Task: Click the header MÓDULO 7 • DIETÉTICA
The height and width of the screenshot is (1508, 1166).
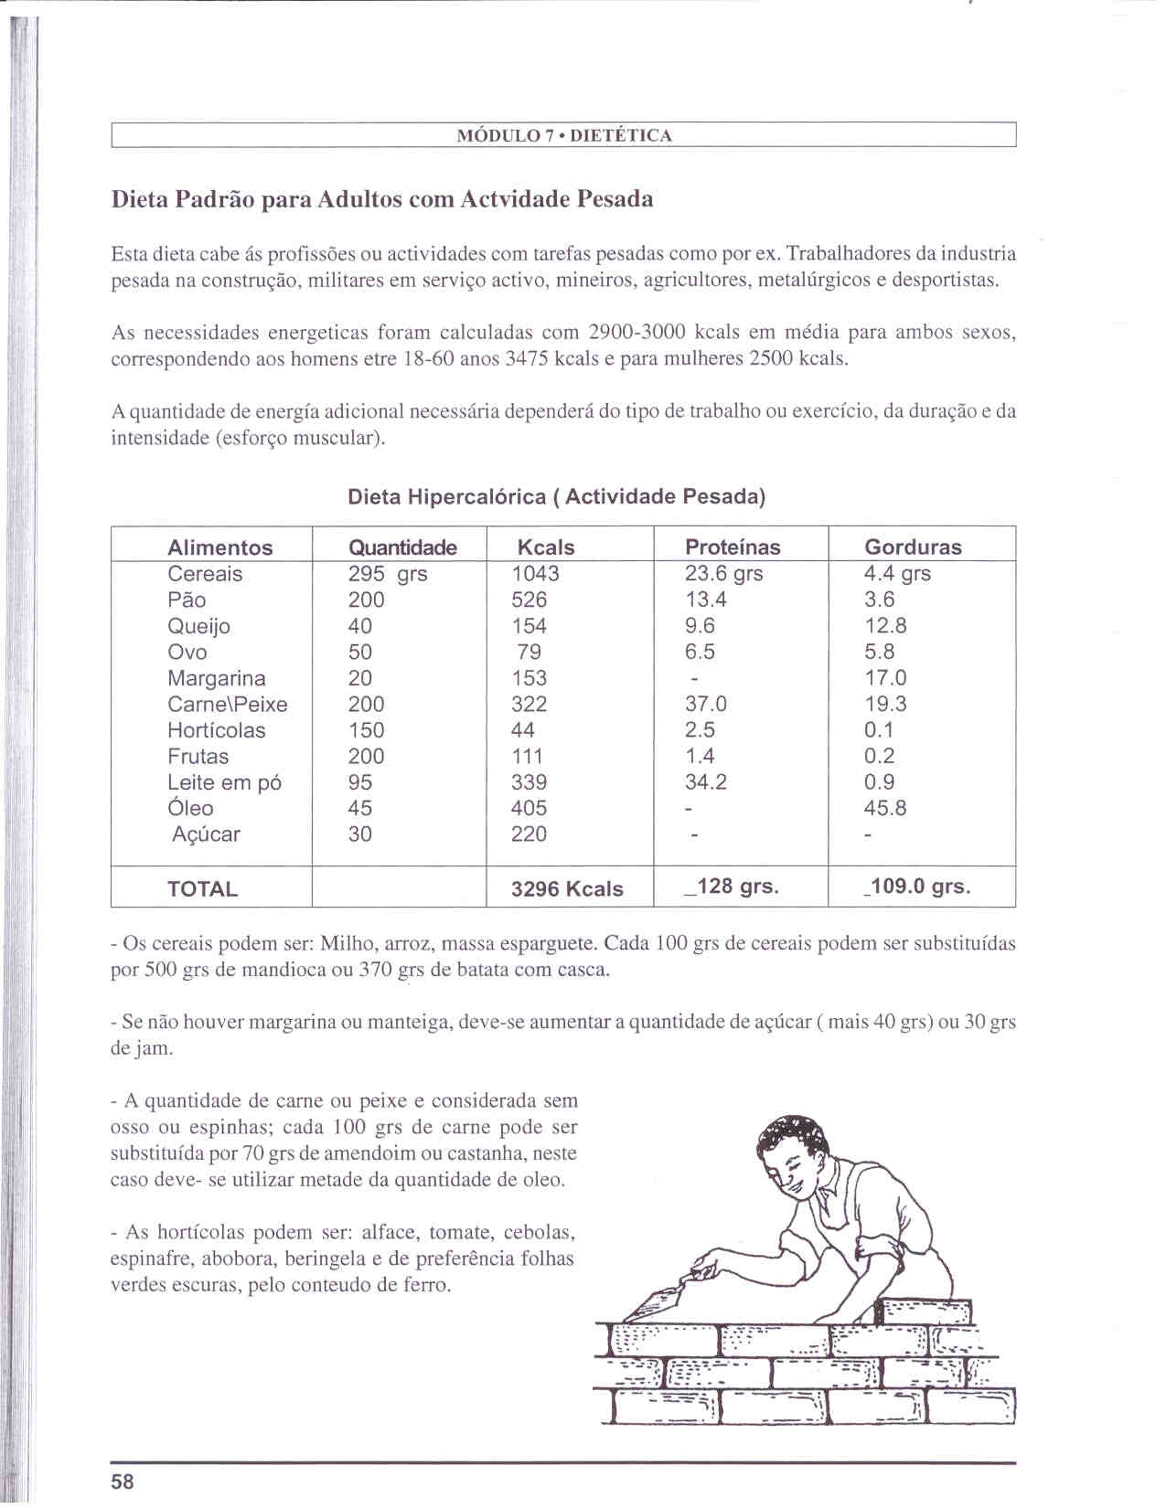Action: (563, 136)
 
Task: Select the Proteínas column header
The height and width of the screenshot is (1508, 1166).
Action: (733, 547)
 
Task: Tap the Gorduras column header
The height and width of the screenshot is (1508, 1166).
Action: (913, 547)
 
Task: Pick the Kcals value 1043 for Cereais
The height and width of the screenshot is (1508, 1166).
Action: (535, 574)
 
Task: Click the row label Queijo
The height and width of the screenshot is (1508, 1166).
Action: (198, 626)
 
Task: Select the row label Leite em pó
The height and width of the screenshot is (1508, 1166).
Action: (224, 782)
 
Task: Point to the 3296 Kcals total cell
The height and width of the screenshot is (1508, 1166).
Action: (567, 888)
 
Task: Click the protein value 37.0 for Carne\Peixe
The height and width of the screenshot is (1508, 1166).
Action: (705, 704)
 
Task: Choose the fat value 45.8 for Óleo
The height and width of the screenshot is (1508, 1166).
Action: (884, 808)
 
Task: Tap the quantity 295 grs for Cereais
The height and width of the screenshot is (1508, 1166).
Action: (387, 574)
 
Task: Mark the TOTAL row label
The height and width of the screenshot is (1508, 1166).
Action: (202, 888)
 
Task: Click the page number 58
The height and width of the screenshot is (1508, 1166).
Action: (123, 1481)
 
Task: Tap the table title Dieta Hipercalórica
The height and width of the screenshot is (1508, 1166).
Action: (446, 497)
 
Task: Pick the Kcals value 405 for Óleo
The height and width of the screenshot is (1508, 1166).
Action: (529, 808)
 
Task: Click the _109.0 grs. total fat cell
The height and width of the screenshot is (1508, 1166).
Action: (917, 887)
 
